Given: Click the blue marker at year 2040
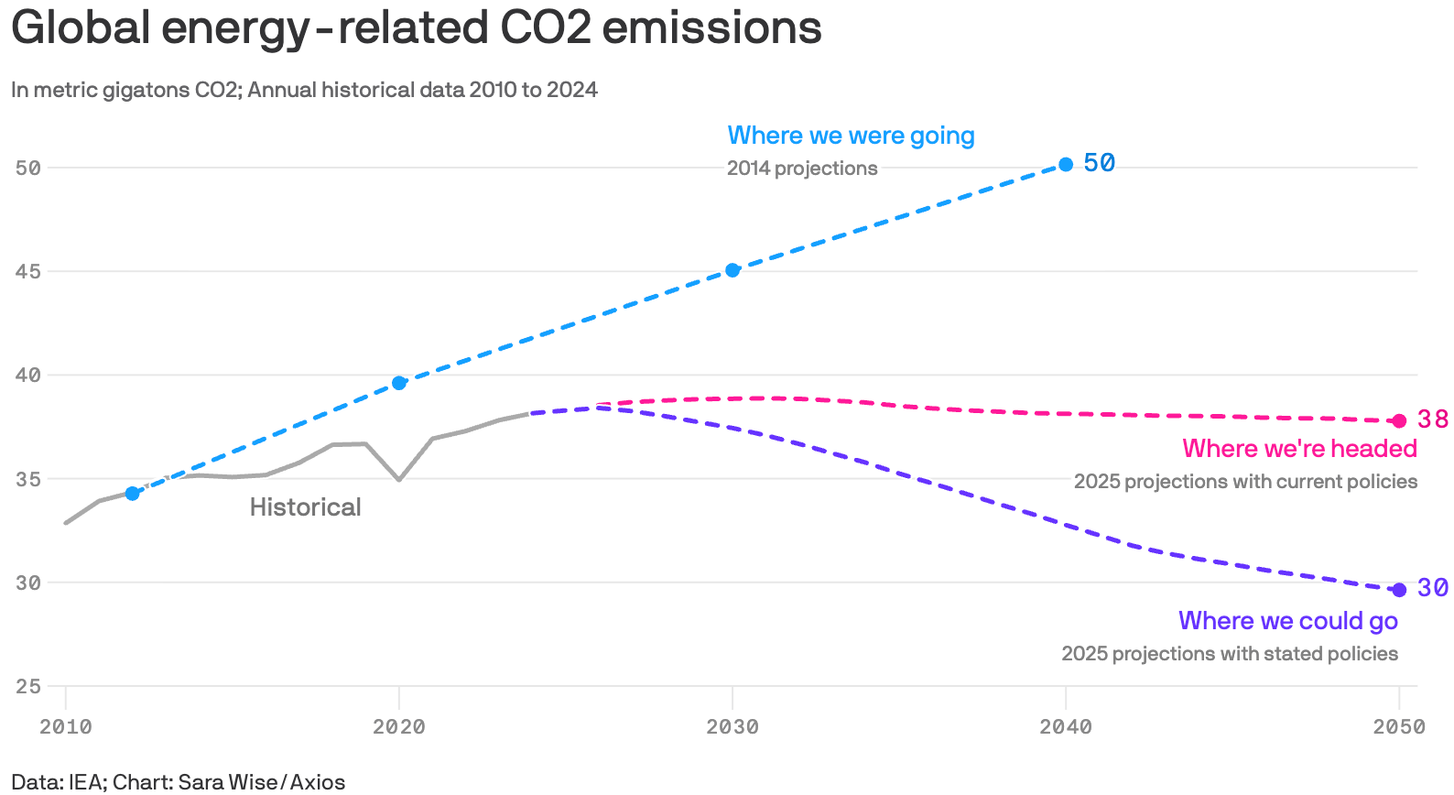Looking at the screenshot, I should [x=1066, y=165].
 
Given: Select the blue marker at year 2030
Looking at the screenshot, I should [x=732, y=270].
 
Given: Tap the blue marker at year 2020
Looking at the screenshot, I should [x=399, y=383].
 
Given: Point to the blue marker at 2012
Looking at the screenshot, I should [x=132, y=494].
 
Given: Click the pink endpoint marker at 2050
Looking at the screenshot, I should [x=1399, y=421].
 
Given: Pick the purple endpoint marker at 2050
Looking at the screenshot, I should [x=1399, y=590].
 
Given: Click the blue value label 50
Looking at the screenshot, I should [x=1099, y=163].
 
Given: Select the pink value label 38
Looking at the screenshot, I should [x=1433, y=419].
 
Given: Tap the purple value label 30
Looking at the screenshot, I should [x=1433, y=588].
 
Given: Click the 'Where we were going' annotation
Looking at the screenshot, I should [x=851, y=136].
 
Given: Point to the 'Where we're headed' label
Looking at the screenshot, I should [x=1299, y=449].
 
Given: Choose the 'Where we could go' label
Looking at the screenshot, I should [x=1287, y=621].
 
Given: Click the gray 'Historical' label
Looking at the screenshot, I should [x=305, y=507].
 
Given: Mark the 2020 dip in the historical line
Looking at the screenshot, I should [x=399, y=479].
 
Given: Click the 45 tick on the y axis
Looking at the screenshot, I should [x=28, y=271].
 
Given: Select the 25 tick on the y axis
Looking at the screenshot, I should [x=28, y=686].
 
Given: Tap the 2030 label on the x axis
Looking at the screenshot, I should [x=732, y=727].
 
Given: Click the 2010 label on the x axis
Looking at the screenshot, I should [x=66, y=727].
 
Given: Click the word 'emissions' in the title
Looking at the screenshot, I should [x=711, y=27].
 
